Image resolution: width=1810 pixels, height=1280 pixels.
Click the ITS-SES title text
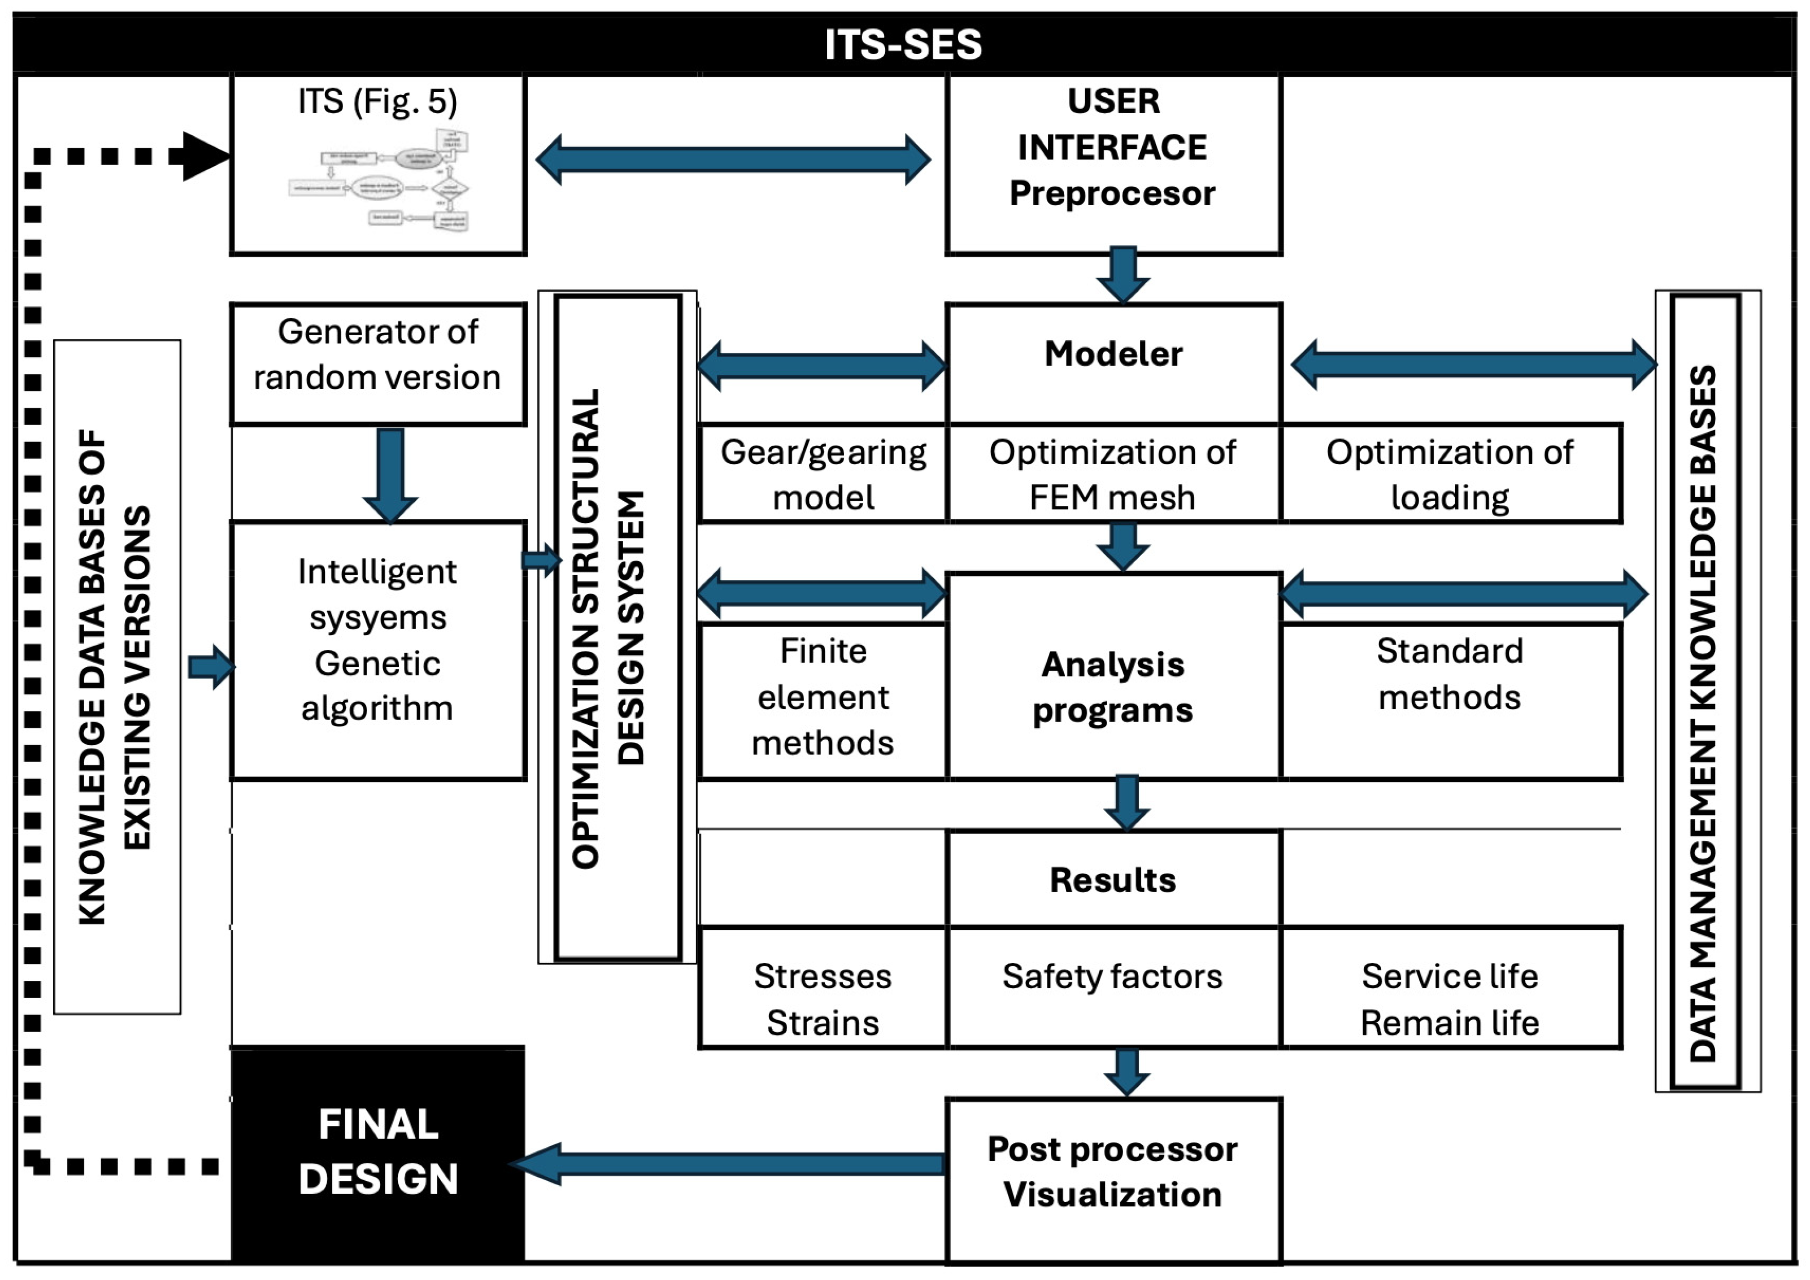point(904,44)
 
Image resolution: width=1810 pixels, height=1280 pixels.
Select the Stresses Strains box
point(823,1000)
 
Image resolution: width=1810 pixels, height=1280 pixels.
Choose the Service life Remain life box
point(1450,1000)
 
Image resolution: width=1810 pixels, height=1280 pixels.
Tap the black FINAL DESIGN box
point(378,1151)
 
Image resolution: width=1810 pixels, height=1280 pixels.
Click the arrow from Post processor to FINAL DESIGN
point(733,1163)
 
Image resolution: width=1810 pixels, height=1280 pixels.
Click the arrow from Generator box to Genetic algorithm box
point(390,473)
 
